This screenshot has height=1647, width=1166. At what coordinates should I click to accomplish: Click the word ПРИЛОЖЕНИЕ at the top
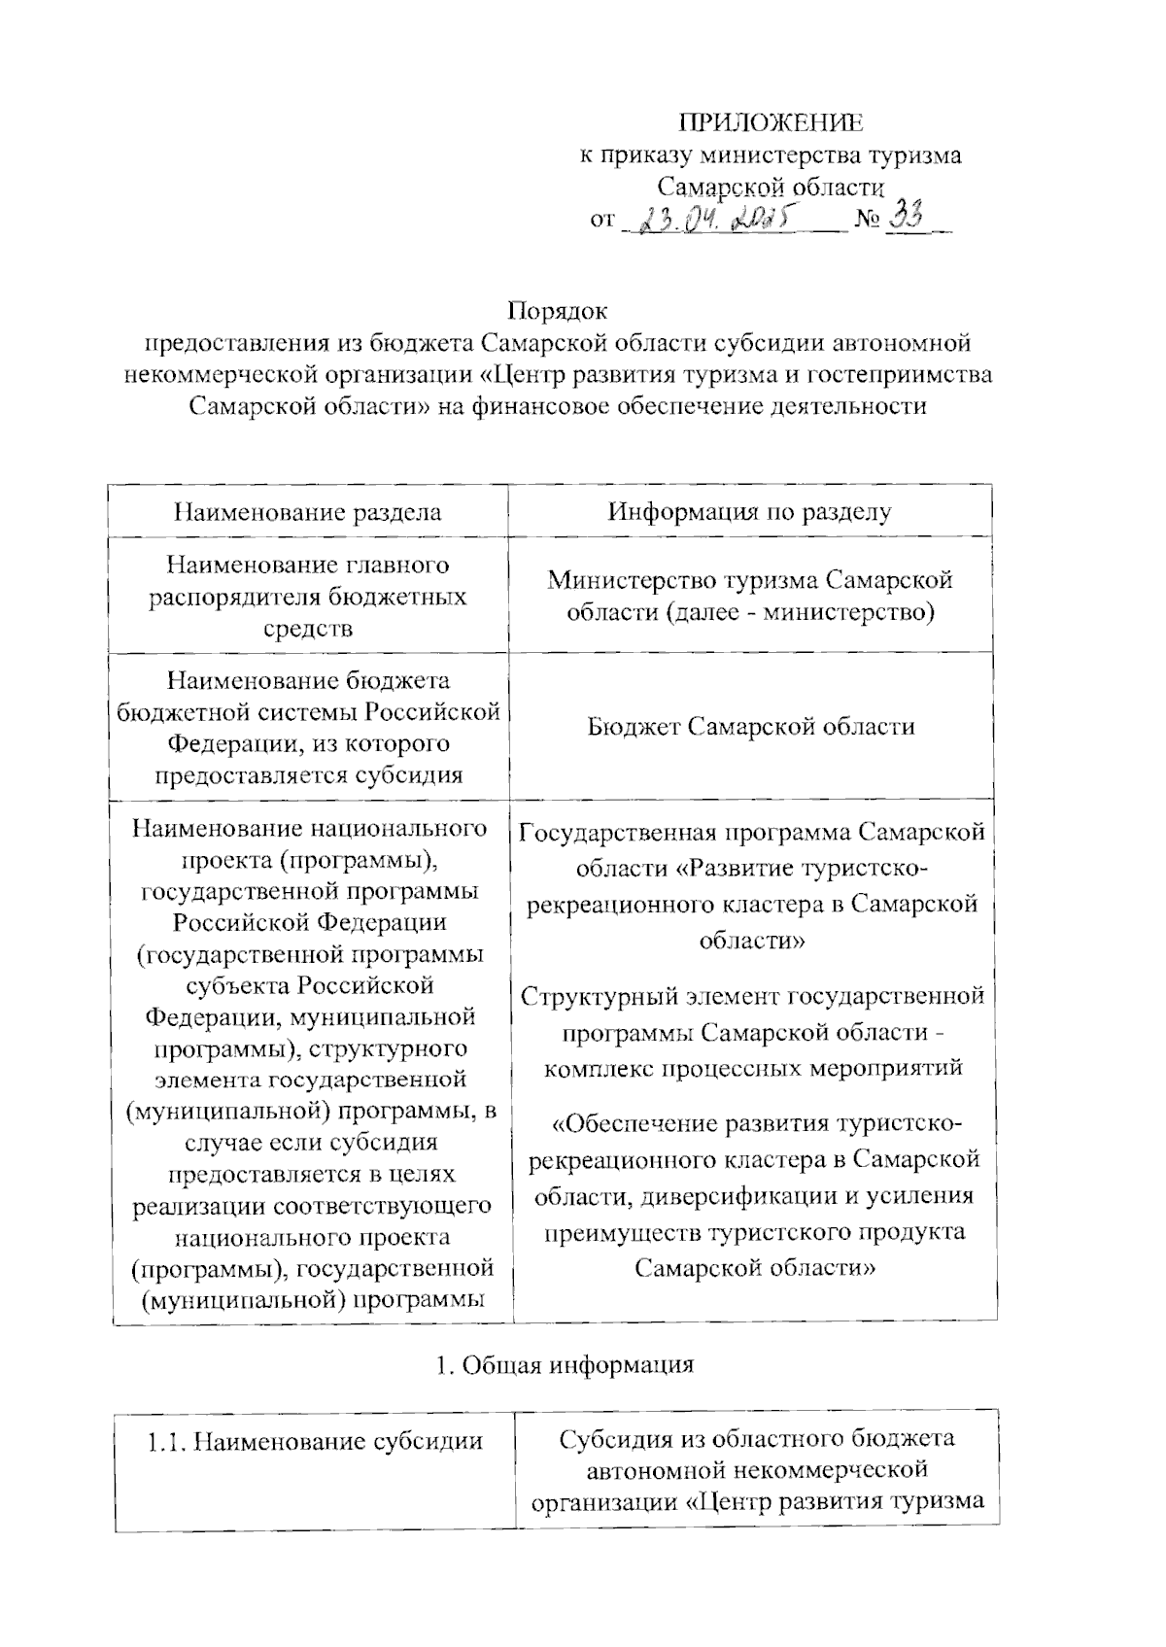770,123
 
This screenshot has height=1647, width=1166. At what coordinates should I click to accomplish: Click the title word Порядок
558,311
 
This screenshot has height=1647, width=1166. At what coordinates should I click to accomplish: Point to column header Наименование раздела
307,512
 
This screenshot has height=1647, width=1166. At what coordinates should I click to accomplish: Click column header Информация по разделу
749,512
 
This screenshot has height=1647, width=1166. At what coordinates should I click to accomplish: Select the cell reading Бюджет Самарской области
751,727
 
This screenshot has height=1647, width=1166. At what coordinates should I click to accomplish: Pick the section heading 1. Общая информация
565,1364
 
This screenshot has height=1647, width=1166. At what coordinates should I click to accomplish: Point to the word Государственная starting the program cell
618,833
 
